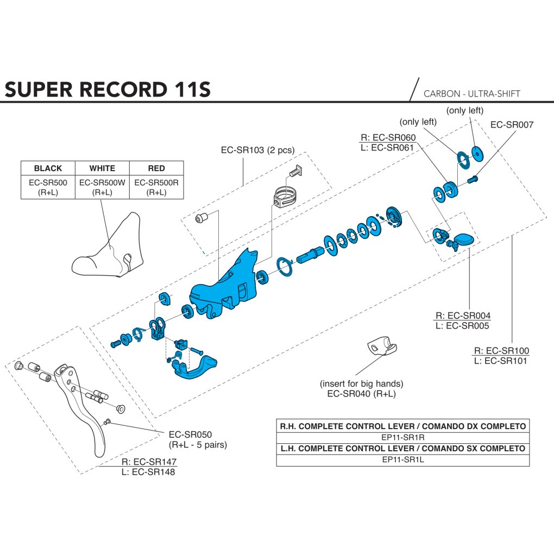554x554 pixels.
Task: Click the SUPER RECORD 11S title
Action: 108,90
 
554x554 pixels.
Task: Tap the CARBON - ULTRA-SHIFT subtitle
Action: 471,93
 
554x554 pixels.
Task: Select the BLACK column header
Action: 48,168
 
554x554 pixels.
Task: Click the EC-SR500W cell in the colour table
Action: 102,187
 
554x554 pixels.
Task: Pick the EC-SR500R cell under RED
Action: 156,187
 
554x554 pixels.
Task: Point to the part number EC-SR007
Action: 512,124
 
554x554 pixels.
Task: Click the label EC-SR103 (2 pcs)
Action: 257,150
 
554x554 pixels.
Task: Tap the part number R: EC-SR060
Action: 388,137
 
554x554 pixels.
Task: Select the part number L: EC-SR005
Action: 462,325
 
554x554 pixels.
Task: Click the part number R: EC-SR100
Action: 501,350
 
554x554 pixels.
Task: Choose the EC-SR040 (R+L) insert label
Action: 361,394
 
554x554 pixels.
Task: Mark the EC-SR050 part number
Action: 190,434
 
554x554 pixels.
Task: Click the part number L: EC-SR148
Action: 148,471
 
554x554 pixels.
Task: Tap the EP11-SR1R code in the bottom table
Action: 403,437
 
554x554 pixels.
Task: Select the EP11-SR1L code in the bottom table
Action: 403,459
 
